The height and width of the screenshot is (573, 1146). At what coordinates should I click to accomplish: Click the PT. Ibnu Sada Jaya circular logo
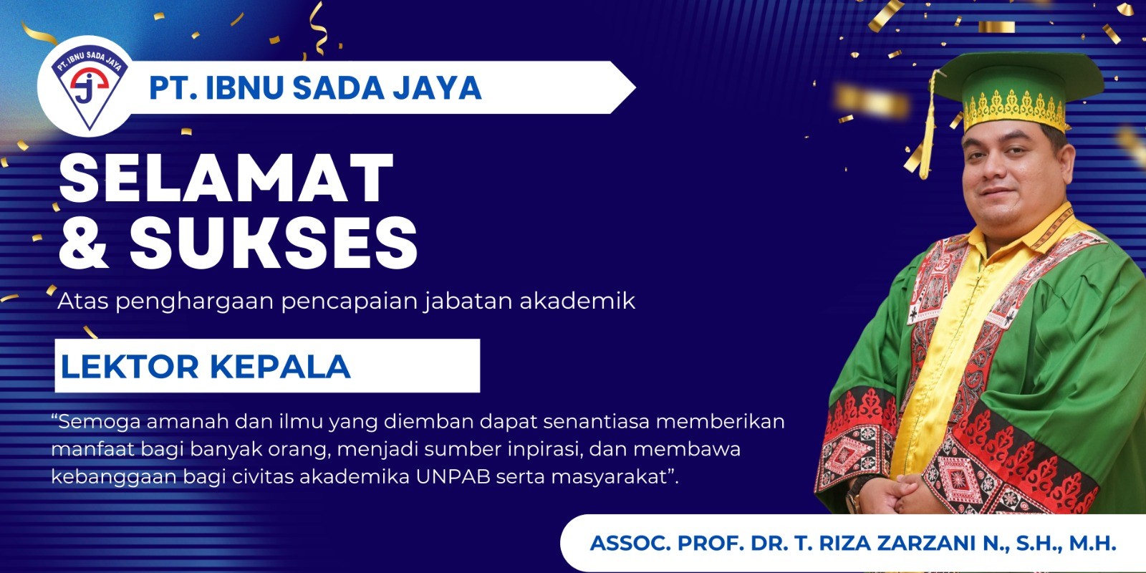click(89, 86)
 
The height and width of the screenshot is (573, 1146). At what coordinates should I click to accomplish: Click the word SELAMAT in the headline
click(226, 178)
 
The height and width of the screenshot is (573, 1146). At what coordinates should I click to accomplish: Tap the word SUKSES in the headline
click(274, 243)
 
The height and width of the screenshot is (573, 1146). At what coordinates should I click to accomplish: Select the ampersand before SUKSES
click(84, 243)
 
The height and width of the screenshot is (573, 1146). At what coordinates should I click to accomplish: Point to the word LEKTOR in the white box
click(130, 366)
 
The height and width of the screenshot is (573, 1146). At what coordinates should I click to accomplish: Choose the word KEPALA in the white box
click(280, 366)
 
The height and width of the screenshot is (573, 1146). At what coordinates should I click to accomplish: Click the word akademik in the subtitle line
click(577, 300)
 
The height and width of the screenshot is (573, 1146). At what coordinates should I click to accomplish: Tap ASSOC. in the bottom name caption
click(630, 544)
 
